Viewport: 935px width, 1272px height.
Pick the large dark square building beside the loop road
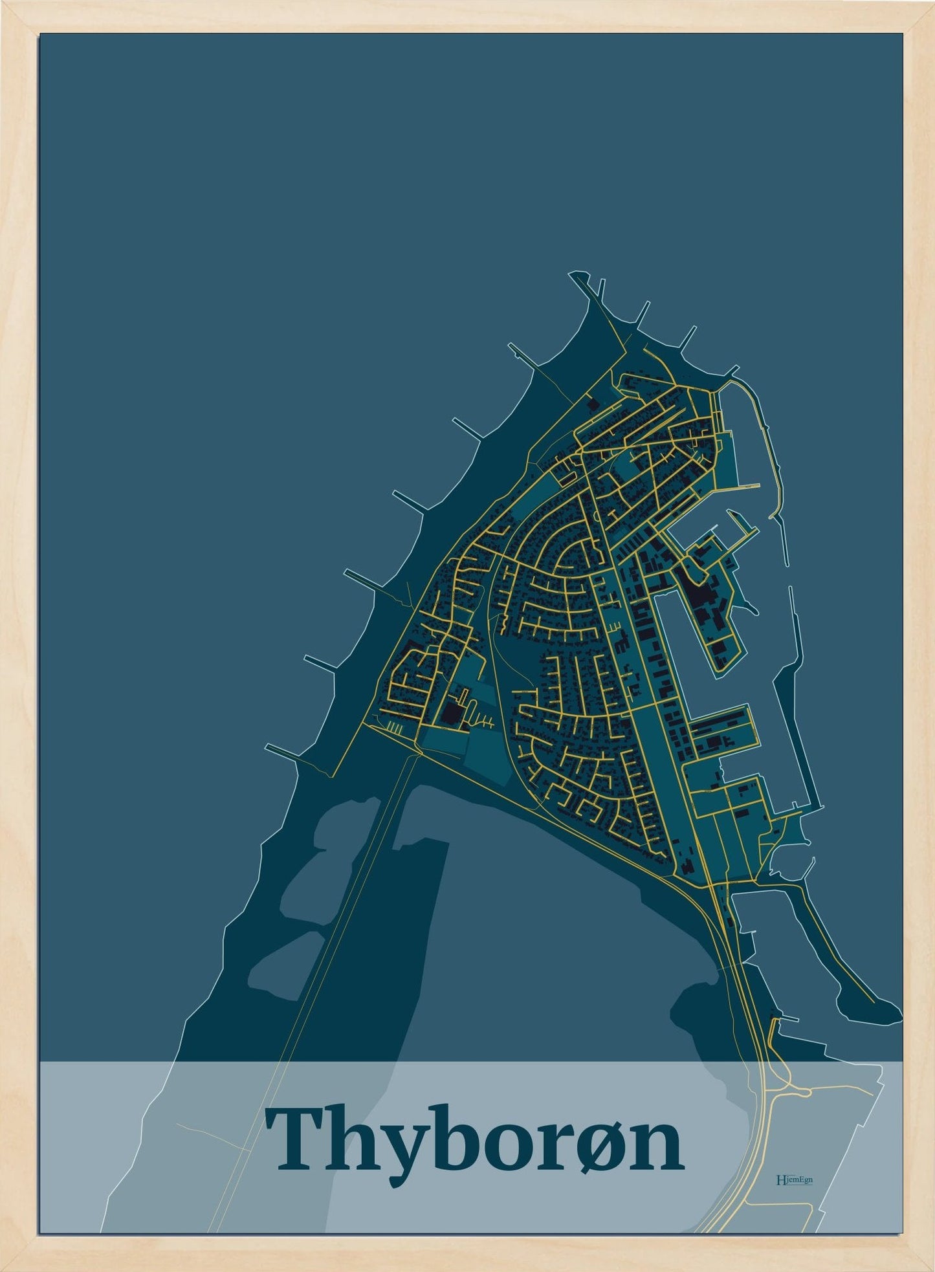(x=451, y=714)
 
